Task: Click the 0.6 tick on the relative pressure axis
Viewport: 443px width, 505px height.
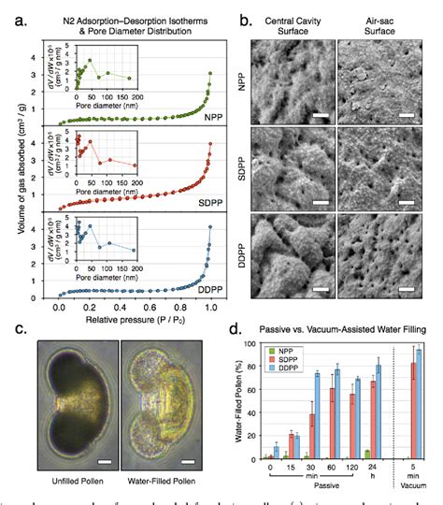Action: point(150,306)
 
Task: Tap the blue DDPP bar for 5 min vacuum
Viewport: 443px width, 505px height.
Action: point(417,404)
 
